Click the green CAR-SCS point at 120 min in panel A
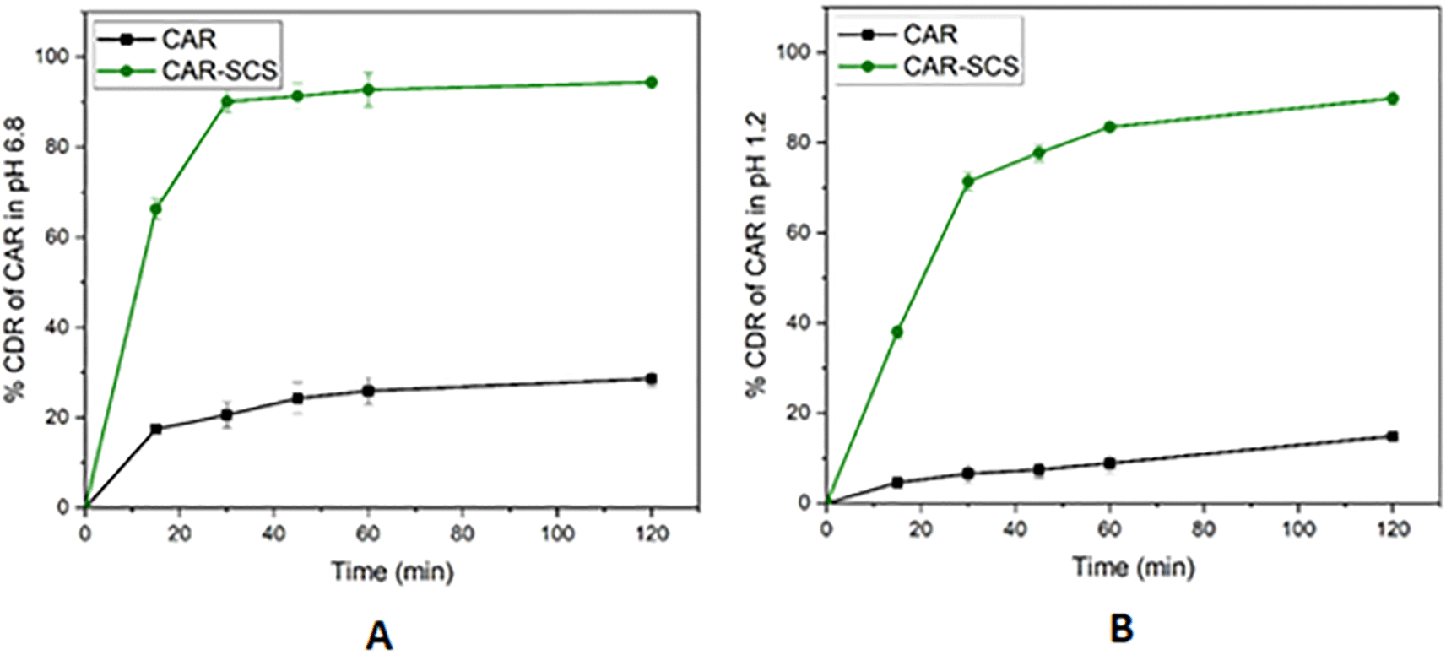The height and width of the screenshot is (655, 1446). click(651, 82)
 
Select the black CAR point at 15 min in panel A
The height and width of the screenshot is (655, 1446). click(156, 429)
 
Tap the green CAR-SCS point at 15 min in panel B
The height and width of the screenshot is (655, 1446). click(897, 332)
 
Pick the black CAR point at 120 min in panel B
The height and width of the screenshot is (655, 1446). click(1393, 436)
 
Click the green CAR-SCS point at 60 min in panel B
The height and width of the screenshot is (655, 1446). click(1110, 127)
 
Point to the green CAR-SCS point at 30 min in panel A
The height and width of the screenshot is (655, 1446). click(227, 101)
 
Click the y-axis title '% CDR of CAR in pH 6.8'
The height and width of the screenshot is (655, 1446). click(15, 260)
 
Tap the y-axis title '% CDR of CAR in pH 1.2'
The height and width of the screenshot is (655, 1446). click(756, 253)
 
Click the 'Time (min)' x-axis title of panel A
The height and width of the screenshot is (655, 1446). click(393, 571)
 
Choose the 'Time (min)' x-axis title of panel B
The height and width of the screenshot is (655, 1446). click(1134, 566)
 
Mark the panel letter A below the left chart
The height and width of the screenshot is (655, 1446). click(379, 635)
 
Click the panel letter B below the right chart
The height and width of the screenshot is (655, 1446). click(1121, 629)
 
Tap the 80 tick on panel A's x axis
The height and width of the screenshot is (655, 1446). click(462, 533)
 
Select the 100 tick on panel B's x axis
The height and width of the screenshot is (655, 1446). click(1298, 529)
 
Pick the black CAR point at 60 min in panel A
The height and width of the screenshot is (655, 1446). click(368, 391)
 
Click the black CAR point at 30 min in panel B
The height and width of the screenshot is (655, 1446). click(968, 474)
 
